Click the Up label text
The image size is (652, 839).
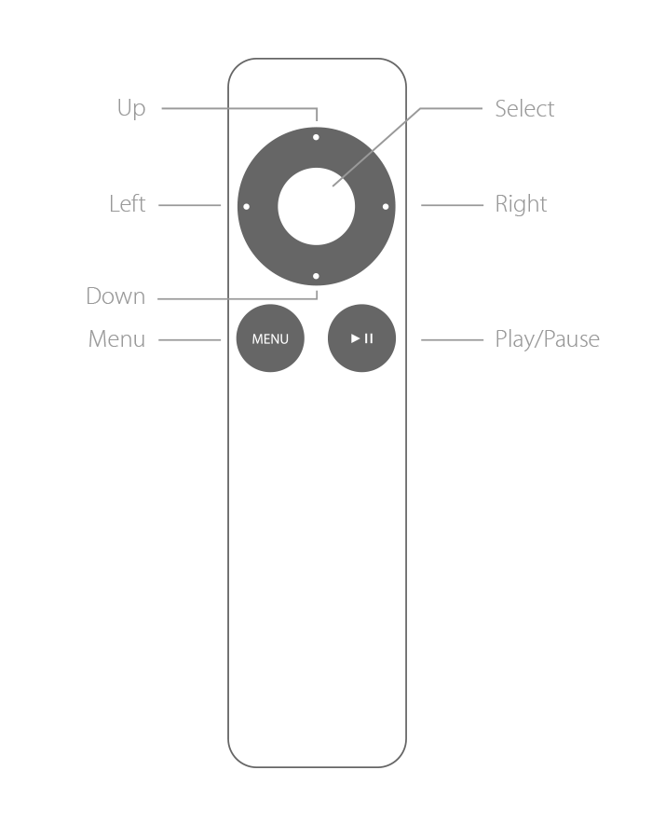(131, 109)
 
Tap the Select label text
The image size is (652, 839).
(524, 109)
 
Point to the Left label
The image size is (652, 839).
(128, 204)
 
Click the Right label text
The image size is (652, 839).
(521, 205)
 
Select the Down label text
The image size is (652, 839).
(115, 296)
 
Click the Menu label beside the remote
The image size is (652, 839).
(116, 339)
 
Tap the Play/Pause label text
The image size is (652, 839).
(548, 339)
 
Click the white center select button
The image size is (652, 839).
(317, 207)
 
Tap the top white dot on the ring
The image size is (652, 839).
(316, 138)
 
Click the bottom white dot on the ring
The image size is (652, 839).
(316, 276)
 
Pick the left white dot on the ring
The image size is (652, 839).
(247, 207)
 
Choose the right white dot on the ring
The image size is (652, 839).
(386, 207)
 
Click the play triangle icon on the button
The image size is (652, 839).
(356, 338)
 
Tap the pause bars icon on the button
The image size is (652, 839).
(369, 338)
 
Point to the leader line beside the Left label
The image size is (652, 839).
(190, 205)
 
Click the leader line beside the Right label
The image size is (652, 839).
(452, 205)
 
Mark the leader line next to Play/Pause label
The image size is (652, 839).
(452, 339)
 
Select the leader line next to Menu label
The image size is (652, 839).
(190, 339)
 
